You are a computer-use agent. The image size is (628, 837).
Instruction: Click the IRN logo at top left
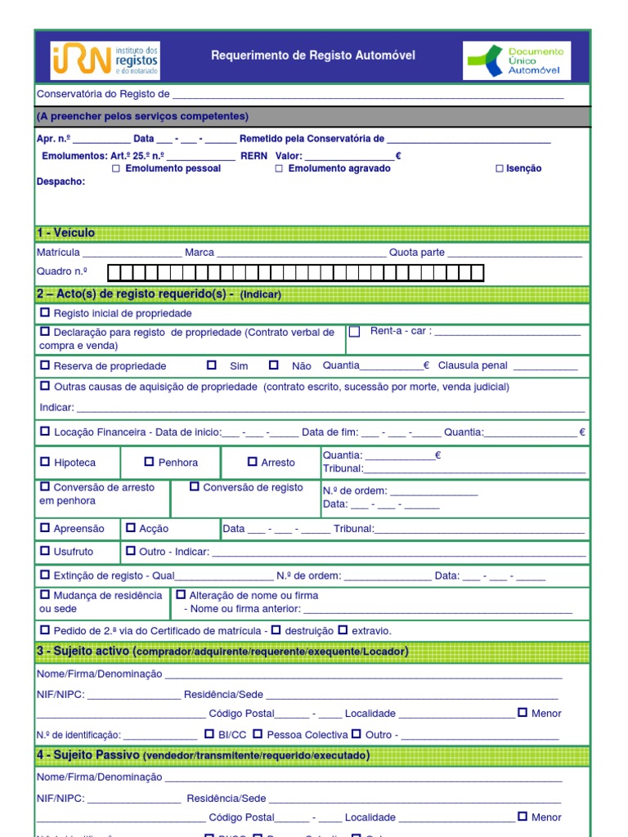105,60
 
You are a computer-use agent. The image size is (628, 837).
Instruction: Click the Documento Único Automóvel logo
517,60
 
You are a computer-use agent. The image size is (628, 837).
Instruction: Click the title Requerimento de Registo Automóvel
313,56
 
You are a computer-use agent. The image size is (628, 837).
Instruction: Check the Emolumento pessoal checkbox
116,168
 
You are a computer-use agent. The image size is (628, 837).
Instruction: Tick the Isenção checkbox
500,168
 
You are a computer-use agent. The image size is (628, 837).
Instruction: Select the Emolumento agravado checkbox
279,168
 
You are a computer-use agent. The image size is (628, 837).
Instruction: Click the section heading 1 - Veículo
66,233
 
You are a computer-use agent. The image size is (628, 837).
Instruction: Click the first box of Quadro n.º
115,272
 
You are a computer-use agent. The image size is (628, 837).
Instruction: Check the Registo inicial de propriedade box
45,313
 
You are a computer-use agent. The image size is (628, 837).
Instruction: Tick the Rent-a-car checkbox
355,332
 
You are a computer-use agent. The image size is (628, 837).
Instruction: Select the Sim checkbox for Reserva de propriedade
212,365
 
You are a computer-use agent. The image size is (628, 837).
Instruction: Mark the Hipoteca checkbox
45,462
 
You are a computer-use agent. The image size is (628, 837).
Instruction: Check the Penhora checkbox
149,462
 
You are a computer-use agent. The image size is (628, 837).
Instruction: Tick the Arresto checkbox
253,462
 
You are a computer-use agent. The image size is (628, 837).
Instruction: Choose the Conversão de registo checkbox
195,486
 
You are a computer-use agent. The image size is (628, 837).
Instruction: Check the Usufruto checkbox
45,552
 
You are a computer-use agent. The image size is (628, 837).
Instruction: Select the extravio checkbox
343,630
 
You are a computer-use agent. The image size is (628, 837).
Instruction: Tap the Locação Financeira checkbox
45,431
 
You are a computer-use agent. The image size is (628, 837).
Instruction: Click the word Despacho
61,181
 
